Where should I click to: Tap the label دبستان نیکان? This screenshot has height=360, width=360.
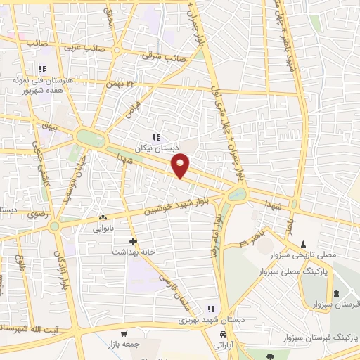point(156,148)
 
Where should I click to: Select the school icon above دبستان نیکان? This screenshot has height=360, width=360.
point(156,137)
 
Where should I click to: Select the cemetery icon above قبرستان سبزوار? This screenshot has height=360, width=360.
point(336,292)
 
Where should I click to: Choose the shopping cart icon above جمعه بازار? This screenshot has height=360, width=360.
point(124,333)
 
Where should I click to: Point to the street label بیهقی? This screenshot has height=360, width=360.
point(49,126)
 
